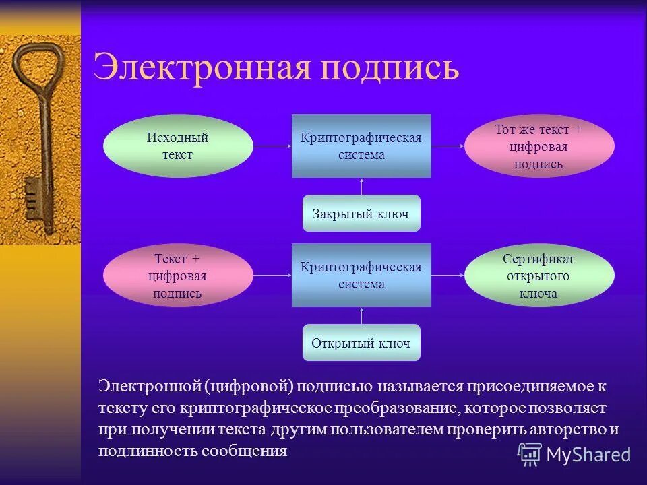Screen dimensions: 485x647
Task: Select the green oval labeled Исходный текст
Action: (x=178, y=146)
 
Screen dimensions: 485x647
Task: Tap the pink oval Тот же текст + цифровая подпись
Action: (x=538, y=146)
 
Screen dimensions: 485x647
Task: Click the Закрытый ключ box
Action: (x=361, y=214)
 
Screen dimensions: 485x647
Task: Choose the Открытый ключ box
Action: (x=361, y=343)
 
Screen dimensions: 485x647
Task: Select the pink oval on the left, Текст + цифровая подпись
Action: (x=178, y=276)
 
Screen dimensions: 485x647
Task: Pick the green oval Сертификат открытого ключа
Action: (x=538, y=276)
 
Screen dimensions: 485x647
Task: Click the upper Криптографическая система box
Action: (x=361, y=146)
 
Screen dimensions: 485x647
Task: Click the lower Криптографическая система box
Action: (x=361, y=276)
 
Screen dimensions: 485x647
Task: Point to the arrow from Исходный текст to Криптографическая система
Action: (x=272, y=145)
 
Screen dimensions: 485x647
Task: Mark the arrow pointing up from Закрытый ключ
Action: (x=361, y=187)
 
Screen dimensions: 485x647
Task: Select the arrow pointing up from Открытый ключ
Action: (x=361, y=316)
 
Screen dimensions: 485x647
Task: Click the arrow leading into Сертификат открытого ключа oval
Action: (x=448, y=276)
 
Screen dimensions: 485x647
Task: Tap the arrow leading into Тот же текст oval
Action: (x=448, y=145)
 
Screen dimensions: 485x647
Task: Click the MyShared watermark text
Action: (x=588, y=455)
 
